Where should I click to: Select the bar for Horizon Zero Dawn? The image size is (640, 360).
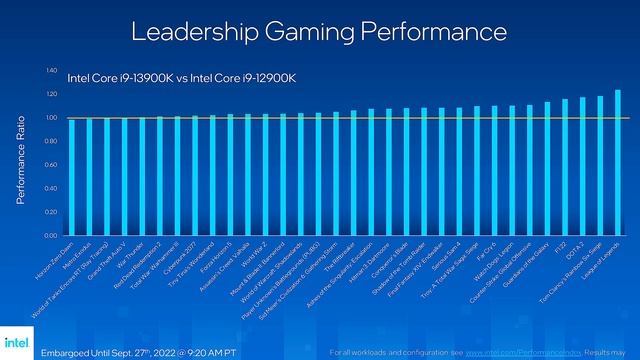(71, 177)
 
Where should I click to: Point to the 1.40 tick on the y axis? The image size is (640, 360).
(51, 71)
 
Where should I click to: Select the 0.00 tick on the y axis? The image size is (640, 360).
(51, 236)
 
